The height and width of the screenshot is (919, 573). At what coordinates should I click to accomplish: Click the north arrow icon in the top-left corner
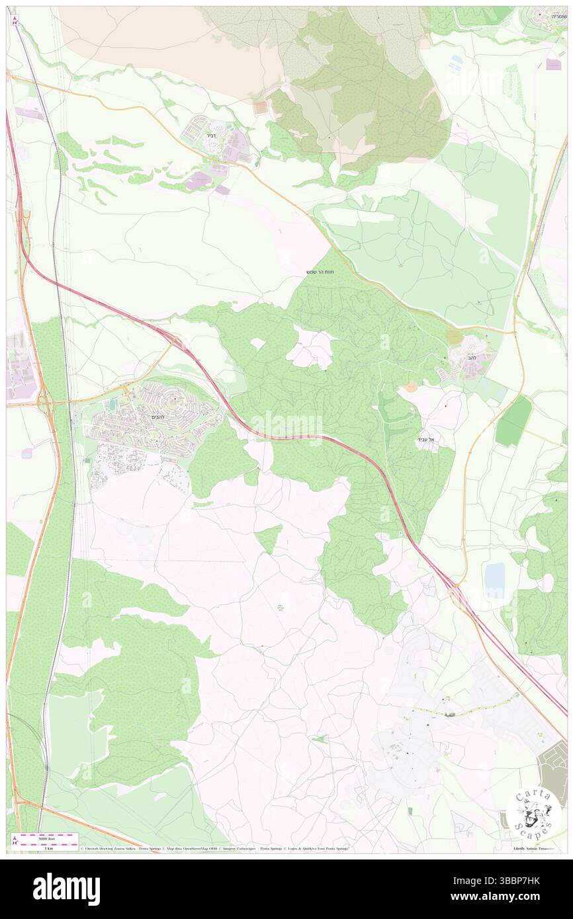(15, 20)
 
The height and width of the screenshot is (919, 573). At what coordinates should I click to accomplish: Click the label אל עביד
(427, 439)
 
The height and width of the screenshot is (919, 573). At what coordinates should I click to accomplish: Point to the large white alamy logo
(66, 889)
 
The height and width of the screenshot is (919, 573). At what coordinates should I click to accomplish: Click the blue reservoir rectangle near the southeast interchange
(494, 581)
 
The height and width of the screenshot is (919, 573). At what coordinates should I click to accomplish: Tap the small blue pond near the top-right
(457, 61)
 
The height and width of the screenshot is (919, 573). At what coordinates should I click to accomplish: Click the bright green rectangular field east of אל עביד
(513, 420)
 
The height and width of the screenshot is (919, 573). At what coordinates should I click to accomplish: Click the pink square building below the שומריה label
(553, 65)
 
